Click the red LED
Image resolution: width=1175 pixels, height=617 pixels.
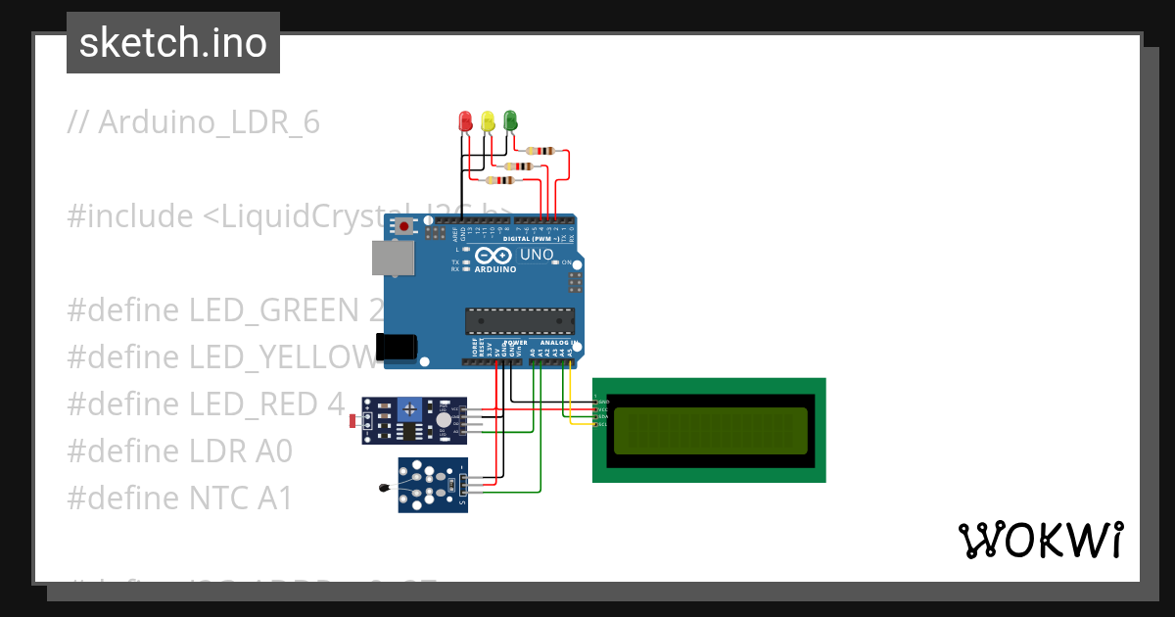point(466,121)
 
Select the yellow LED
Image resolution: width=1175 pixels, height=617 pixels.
point(488,121)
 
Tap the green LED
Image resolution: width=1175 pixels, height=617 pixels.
point(509,120)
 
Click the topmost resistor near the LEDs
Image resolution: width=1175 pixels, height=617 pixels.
point(540,151)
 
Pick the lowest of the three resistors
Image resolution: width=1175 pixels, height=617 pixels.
point(500,180)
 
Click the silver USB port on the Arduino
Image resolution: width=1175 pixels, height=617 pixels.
point(393,258)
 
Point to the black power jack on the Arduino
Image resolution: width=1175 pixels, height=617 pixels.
point(397,347)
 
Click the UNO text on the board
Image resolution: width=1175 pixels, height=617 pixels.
point(536,255)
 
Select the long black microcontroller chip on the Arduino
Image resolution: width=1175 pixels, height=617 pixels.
point(519,320)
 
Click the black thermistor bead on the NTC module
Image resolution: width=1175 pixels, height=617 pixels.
point(382,486)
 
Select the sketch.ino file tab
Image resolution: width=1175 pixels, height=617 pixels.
point(173,43)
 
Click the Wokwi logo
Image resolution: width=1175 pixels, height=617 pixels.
point(1040,540)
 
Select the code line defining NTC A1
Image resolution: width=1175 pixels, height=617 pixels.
point(180,498)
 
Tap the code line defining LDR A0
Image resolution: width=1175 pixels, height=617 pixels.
point(180,451)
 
